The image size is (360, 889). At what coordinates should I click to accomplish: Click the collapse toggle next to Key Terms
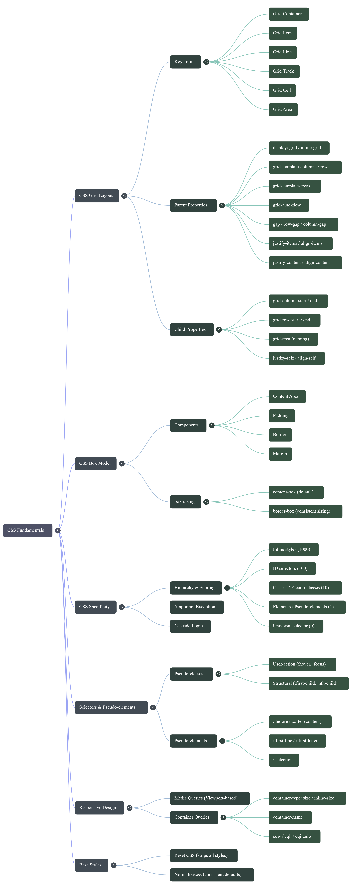coord(206,62)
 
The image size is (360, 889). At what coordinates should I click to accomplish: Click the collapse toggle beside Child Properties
coord(219,330)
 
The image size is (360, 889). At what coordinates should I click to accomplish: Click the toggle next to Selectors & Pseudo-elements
coord(153,707)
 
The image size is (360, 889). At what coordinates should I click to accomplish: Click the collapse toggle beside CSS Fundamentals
coord(58,530)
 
